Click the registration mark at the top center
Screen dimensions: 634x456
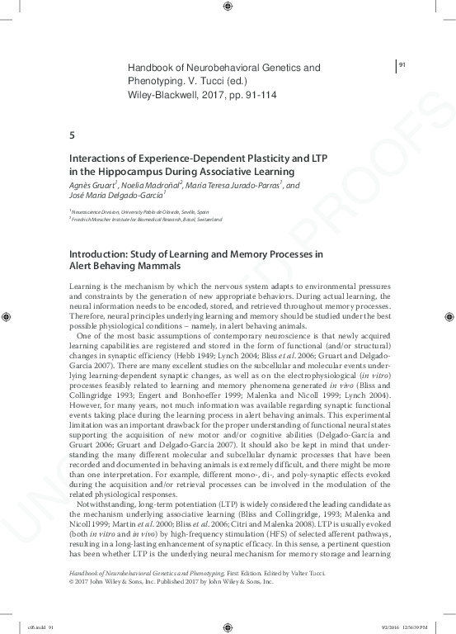point(228,8)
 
